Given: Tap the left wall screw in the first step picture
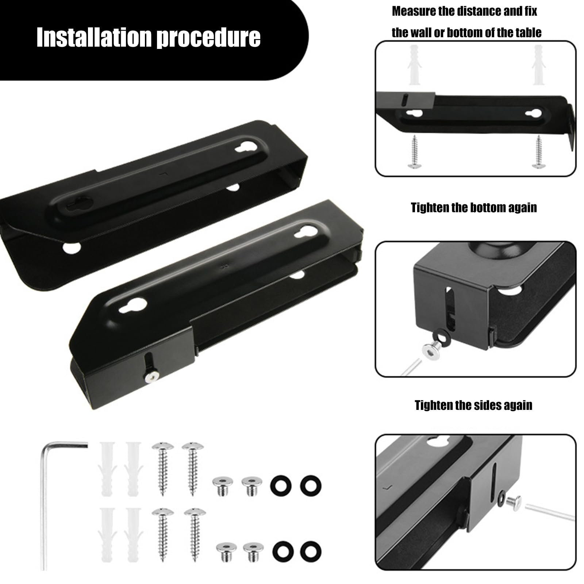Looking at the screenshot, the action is tap(414, 151).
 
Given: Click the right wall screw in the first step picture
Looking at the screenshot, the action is tap(538, 151).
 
